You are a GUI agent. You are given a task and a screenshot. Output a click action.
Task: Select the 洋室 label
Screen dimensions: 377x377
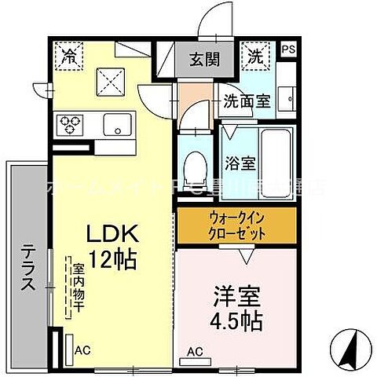point(236,298)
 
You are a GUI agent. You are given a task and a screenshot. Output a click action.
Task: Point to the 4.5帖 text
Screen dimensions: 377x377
point(236,321)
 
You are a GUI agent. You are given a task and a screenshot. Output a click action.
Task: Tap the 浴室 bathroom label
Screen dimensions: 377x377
point(240,164)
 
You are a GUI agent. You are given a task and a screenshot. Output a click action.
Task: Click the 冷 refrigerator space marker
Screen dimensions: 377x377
point(69,57)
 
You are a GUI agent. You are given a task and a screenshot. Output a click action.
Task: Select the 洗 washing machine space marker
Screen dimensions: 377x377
point(256,56)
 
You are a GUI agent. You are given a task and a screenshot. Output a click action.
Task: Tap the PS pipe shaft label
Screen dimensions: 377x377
point(288,48)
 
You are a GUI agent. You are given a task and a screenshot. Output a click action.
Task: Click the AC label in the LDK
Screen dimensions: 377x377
point(82,352)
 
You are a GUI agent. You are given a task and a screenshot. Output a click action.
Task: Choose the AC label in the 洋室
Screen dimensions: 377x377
point(195,351)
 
